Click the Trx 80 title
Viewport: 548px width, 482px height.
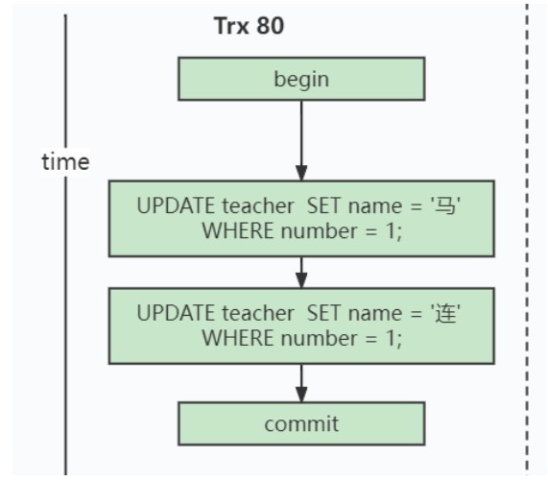click(249, 26)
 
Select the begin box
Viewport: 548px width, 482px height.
click(301, 79)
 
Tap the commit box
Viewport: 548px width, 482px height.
click(301, 423)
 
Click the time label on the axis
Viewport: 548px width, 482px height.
click(65, 162)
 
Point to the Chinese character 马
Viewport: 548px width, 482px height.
click(445, 205)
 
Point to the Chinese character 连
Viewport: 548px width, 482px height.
click(445, 313)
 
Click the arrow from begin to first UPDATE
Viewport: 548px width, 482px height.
click(301, 141)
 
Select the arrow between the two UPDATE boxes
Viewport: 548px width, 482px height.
click(301, 273)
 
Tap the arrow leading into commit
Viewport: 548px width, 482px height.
click(301, 383)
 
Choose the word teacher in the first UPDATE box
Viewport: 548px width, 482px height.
click(258, 205)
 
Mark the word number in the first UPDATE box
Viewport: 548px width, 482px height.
click(319, 231)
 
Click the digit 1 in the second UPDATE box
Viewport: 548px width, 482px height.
click(392, 338)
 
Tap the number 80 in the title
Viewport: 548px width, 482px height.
click(270, 26)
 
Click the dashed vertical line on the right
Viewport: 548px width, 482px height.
click(527, 238)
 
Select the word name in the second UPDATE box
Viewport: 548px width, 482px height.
click(375, 314)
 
